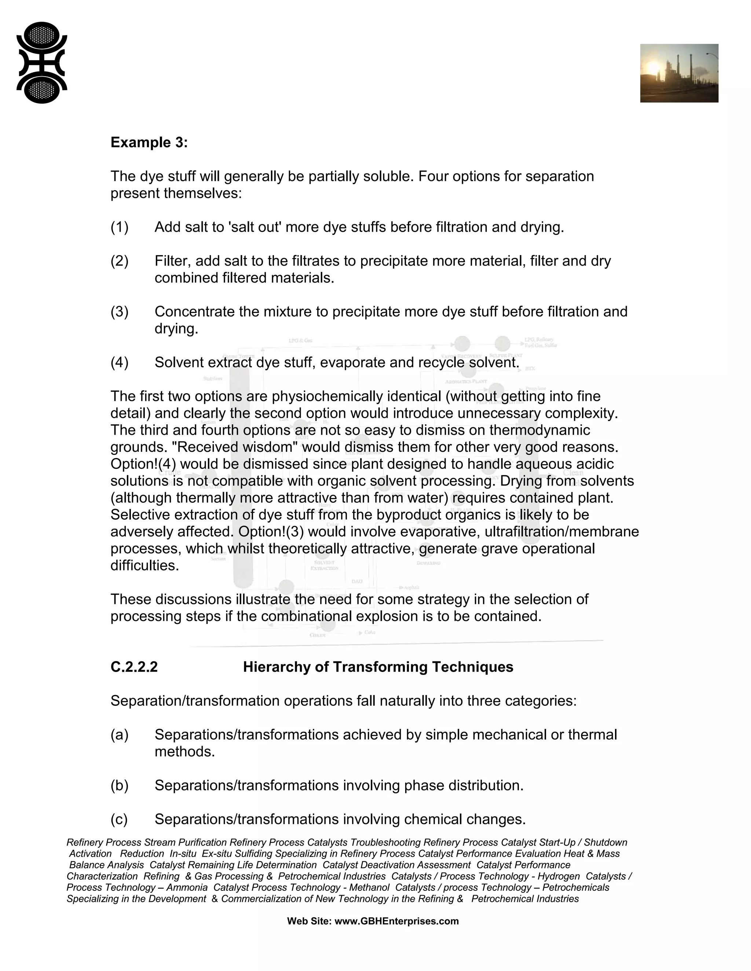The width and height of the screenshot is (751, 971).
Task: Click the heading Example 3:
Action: click(149, 143)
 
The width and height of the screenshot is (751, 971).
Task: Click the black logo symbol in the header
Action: click(42, 63)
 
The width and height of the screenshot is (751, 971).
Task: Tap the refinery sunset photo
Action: click(679, 73)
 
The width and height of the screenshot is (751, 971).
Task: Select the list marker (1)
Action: click(119, 227)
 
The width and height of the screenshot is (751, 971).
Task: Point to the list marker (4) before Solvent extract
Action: click(119, 363)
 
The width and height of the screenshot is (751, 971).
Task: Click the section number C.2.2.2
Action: click(134, 667)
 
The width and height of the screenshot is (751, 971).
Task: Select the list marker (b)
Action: click(119, 786)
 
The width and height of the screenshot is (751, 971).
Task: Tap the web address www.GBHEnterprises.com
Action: click(396, 921)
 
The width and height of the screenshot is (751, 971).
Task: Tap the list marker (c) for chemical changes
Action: click(119, 819)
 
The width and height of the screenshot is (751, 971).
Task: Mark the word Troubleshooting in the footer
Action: click(385, 842)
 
